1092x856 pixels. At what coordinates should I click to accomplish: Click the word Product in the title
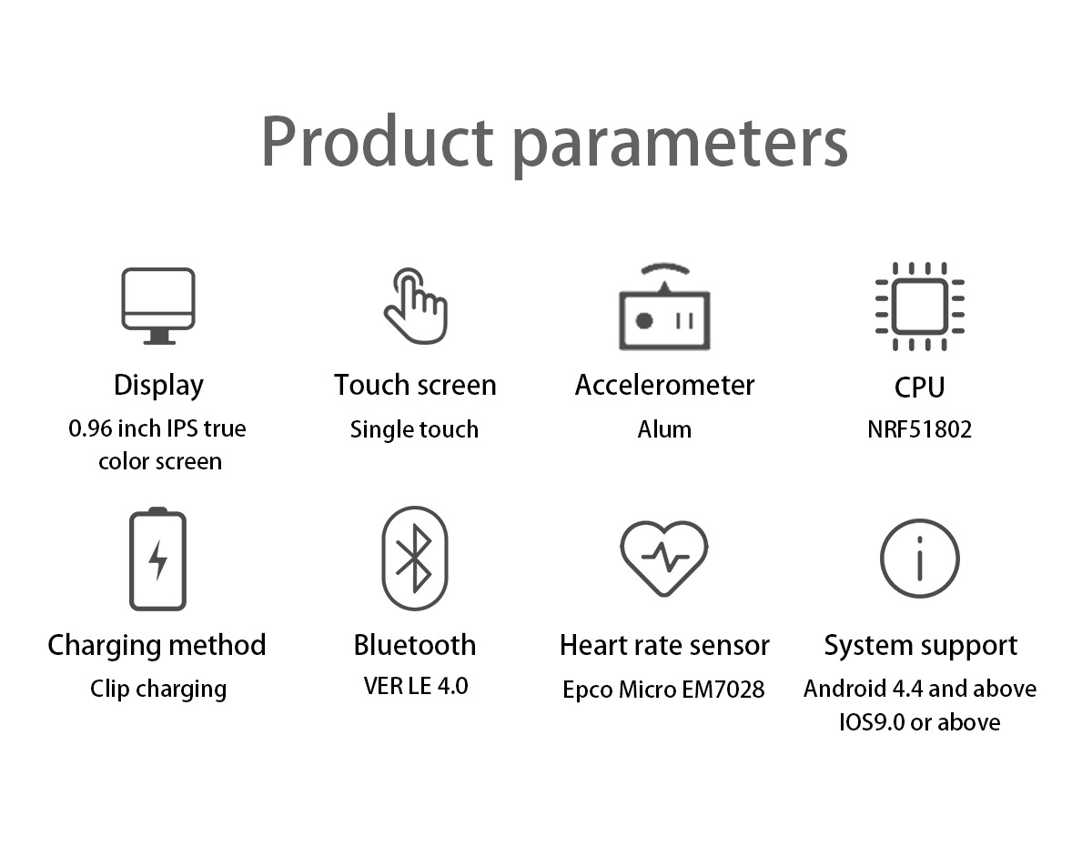click(378, 141)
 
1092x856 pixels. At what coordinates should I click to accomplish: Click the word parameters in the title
click(681, 146)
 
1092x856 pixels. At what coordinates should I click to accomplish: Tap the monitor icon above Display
click(158, 306)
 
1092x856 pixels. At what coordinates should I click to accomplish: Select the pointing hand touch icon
click(416, 306)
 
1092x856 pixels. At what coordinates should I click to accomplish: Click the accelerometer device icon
click(664, 306)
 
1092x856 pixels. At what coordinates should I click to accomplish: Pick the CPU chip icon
click(920, 306)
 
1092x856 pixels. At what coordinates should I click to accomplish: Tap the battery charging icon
click(157, 559)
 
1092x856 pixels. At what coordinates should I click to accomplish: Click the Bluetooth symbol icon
click(415, 559)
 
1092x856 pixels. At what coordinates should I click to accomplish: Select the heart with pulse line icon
click(663, 559)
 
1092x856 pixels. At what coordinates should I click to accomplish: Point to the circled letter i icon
click(920, 559)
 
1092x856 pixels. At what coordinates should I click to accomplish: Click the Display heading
click(159, 386)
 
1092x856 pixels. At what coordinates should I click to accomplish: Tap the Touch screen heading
click(415, 386)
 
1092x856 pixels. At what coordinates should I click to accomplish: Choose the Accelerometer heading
click(664, 386)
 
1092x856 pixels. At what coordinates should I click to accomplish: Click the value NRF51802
click(920, 429)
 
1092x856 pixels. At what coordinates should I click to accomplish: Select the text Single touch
click(414, 430)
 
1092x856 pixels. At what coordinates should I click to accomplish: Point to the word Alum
click(664, 429)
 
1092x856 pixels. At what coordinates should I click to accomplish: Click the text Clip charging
click(158, 690)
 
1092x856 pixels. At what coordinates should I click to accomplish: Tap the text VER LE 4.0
click(416, 686)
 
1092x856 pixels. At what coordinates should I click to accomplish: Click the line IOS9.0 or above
click(920, 722)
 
